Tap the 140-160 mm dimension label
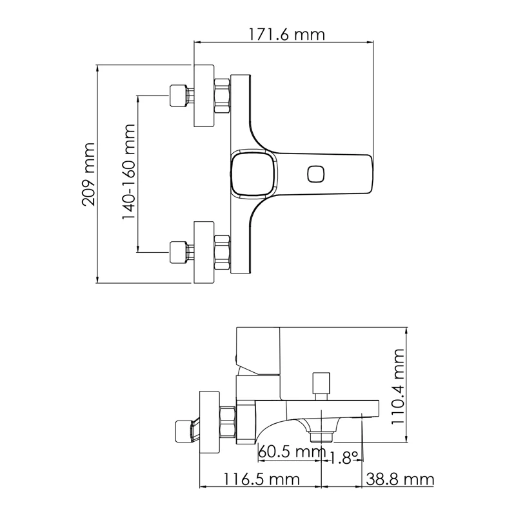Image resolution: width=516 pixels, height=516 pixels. click(x=129, y=174)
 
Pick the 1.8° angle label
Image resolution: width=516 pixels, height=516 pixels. click(x=343, y=458)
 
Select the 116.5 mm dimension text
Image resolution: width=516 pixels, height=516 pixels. click(x=262, y=479)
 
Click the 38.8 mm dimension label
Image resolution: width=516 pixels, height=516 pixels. click(x=400, y=479)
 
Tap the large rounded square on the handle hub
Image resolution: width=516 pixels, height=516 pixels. click(x=253, y=174)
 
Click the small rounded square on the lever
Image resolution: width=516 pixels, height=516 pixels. click(x=316, y=174)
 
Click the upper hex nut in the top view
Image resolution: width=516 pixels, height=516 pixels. click(x=221, y=95)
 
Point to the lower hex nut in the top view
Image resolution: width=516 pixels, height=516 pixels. click(x=221, y=252)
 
